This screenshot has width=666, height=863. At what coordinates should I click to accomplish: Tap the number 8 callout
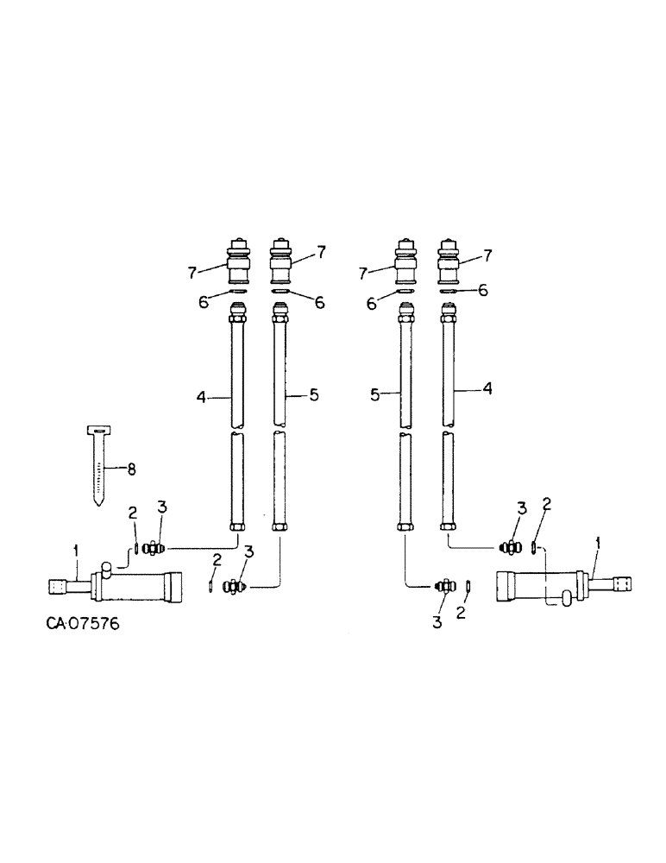tap(132, 469)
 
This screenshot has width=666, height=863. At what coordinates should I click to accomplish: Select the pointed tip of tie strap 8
tap(99, 503)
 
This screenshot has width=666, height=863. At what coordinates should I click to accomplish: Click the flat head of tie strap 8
tap(99, 430)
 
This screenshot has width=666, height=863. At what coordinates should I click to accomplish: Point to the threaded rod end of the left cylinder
tap(60, 588)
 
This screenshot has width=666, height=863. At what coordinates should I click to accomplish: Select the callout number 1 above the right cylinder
tap(599, 544)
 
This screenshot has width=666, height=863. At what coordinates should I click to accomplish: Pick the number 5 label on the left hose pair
tap(314, 394)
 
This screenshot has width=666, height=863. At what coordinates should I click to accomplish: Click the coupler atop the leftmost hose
tap(237, 261)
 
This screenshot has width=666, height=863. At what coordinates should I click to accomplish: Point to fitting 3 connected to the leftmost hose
tap(155, 546)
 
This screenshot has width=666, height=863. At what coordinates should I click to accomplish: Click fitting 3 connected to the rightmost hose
tap(508, 545)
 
